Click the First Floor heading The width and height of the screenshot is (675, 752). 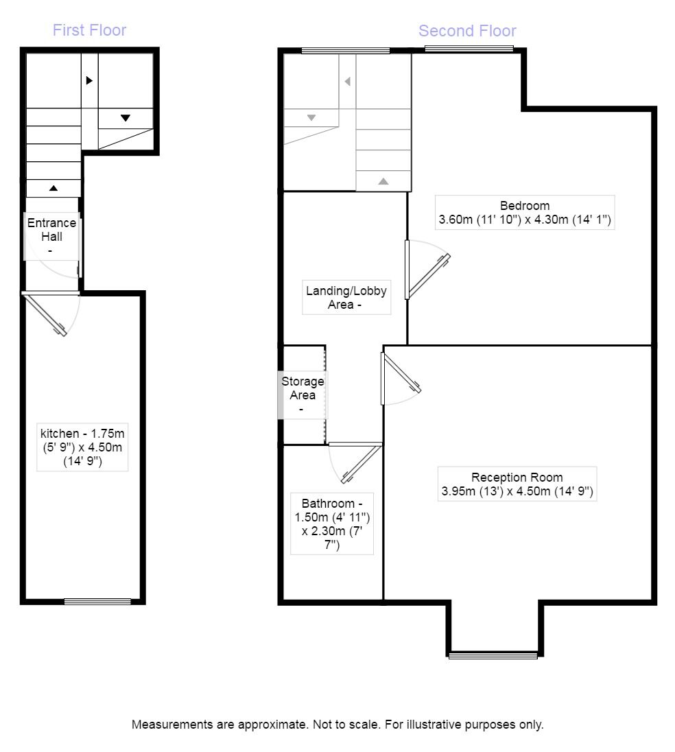point(89,30)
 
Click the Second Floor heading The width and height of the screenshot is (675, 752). point(467,31)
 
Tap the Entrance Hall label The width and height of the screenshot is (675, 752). point(51,235)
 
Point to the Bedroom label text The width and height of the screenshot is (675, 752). point(524,213)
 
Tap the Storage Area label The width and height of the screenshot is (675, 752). point(303,395)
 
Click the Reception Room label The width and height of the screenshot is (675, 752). point(517,484)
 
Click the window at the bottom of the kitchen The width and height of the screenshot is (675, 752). point(97,602)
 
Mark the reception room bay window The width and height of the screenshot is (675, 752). point(493,655)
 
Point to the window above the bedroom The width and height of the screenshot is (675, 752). point(469,48)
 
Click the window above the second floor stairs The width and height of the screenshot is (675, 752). point(346,50)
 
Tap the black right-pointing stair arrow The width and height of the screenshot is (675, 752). point(89,80)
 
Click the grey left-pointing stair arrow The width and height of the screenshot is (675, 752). point(347,82)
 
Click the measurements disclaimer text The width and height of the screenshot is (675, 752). point(337,725)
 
